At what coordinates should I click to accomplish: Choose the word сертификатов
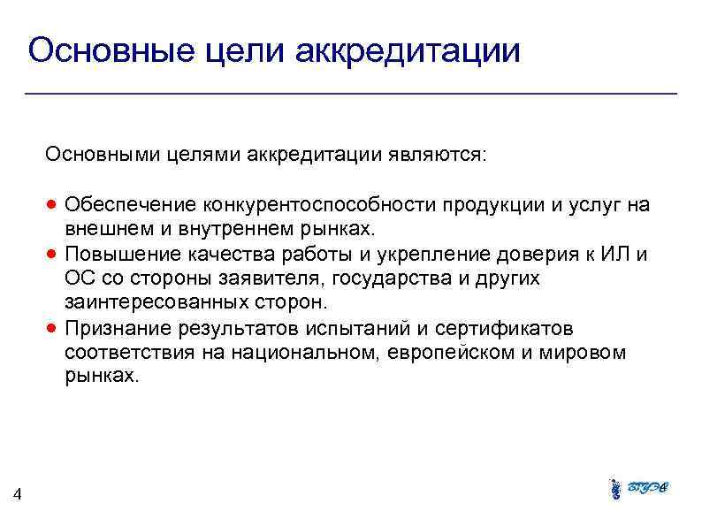coord(501,329)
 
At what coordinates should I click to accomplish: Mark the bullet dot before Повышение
coord(53,255)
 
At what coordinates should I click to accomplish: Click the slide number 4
coord(19,496)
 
